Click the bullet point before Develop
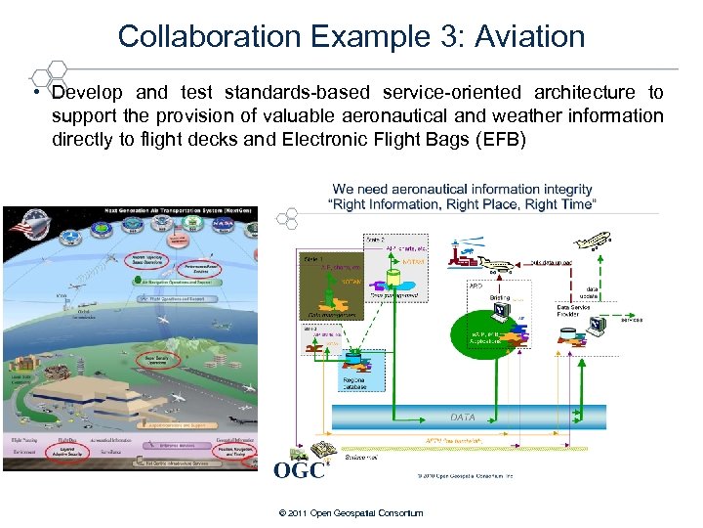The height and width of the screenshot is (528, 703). pyautogui.click(x=33, y=93)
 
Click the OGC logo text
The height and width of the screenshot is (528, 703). pyautogui.click(x=298, y=470)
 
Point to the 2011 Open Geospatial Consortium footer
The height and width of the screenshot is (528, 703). pyautogui.click(x=351, y=512)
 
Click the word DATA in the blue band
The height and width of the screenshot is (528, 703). pyautogui.click(x=463, y=417)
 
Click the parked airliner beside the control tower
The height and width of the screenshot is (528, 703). pyautogui.click(x=503, y=263)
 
